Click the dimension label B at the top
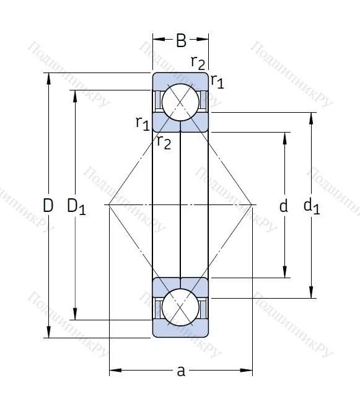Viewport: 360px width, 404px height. click(181, 42)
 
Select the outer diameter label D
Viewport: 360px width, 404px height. click(48, 205)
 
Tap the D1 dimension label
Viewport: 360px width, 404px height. click(76, 206)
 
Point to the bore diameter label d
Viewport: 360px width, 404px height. click(283, 206)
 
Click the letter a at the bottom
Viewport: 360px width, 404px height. click(181, 371)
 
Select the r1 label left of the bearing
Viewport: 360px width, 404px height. click(142, 122)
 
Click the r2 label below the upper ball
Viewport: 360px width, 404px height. click(164, 142)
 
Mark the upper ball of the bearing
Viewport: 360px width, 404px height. click(180, 102)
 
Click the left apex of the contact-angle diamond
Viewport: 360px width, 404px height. click(108, 204)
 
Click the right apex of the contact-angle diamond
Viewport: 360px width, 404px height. click(253, 204)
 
